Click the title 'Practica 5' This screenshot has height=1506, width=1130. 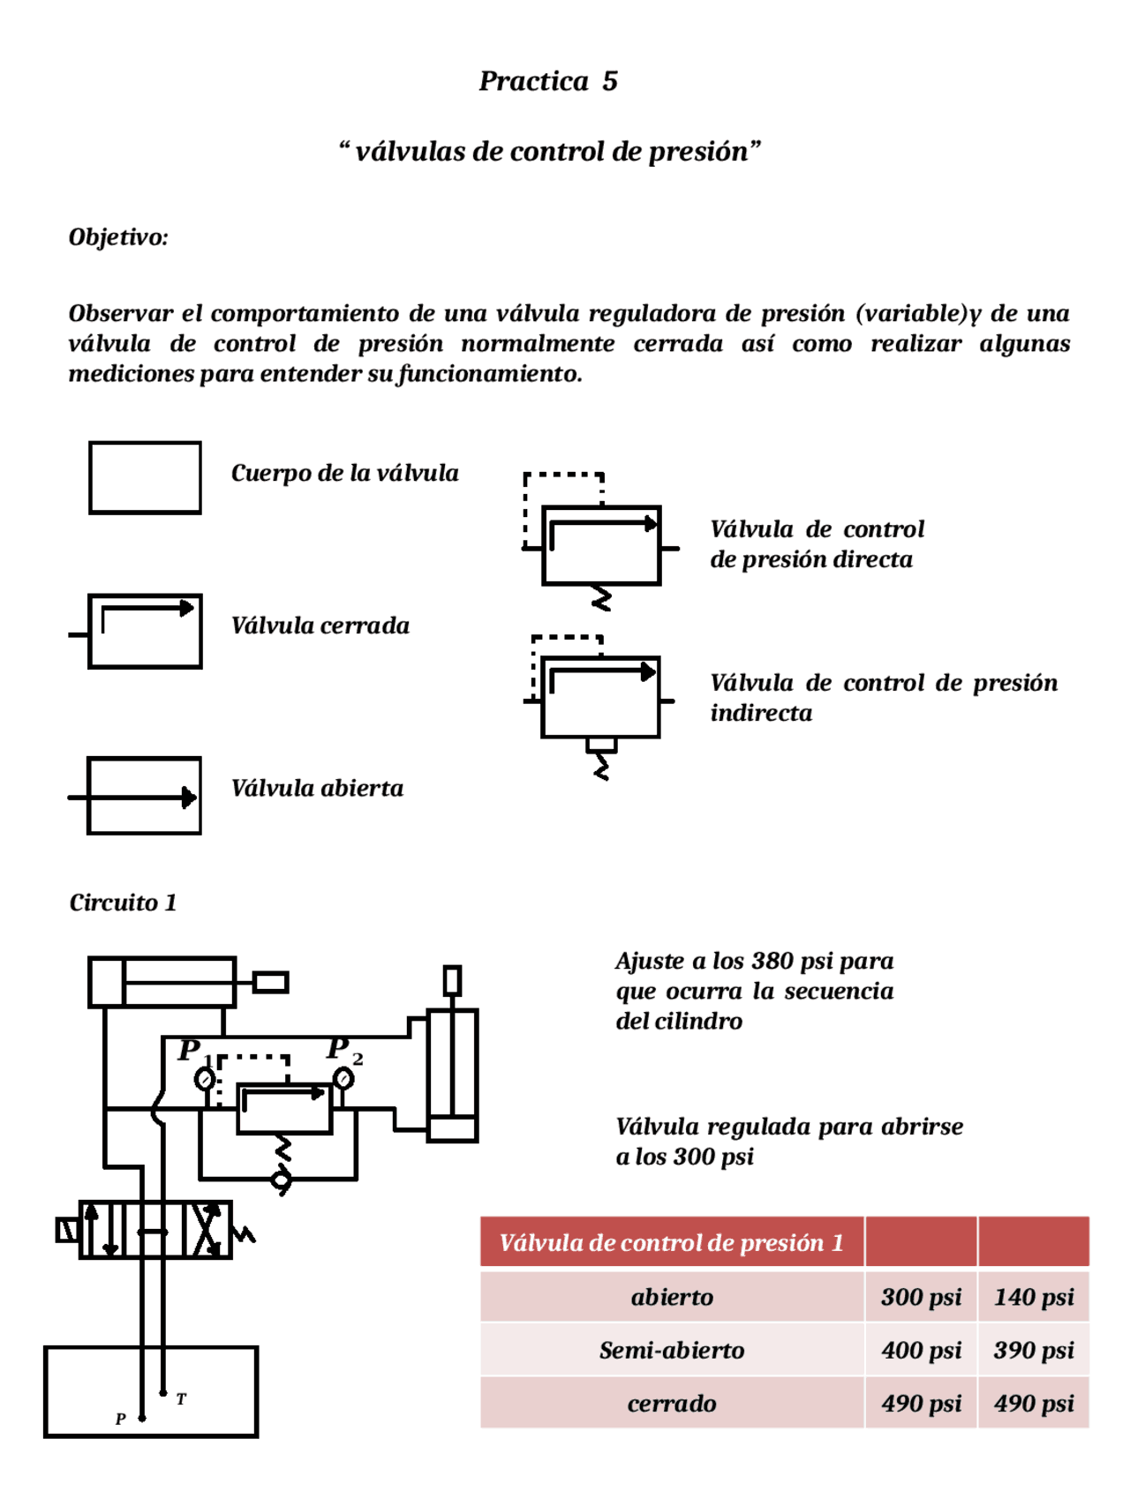[x=547, y=81]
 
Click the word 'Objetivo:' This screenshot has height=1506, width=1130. [x=118, y=237]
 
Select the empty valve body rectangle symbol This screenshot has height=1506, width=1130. [x=145, y=477]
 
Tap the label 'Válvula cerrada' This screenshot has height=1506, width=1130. [x=320, y=626]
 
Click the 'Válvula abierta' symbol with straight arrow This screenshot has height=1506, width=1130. [x=144, y=796]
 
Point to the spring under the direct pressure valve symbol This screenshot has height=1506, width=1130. [x=601, y=598]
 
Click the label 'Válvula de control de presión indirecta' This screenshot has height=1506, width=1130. [x=883, y=697]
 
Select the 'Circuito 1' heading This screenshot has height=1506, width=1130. [x=123, y=903]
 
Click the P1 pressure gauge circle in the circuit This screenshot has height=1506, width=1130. [x=205, y=1078]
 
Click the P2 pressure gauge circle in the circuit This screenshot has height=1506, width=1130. [x=343, y=1078]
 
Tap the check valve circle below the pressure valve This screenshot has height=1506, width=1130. [x=281, y=1180]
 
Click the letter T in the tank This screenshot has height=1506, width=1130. [x=181, y=1399]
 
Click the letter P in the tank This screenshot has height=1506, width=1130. [x=121, y=1419]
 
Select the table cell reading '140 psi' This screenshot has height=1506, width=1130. [x=1033, y=1297]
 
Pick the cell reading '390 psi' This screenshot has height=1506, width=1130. [x=1033, y=1350]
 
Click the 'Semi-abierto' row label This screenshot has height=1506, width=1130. [x=671, y=1350]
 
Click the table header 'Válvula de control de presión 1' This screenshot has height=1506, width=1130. [x=671, y=1242]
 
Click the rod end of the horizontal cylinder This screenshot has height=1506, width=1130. [x=270, y=982]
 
